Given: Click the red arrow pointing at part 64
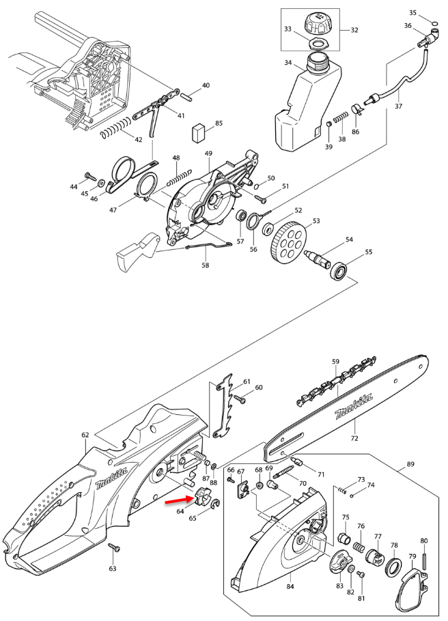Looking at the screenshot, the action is [177, 500].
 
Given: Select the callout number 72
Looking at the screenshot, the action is [354, 438].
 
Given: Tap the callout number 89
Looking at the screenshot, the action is [410, 464].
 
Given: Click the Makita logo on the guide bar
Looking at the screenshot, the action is [354, 407].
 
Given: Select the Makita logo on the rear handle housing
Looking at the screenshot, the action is [112, 479].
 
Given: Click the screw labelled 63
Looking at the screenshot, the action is [114, 548].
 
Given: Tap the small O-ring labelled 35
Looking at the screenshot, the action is [434, 22].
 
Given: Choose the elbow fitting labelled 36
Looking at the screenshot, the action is [429, 38].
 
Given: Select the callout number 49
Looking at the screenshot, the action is [208, 154].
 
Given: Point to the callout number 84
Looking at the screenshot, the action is [290, 586].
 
